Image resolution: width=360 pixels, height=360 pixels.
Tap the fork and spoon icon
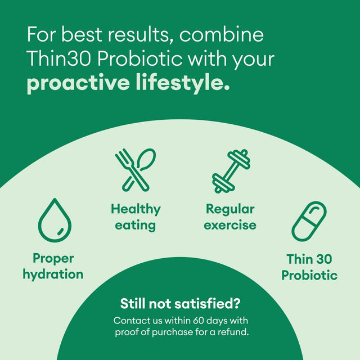[x=136, y=169]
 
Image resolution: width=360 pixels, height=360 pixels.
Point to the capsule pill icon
[x=309, y=222]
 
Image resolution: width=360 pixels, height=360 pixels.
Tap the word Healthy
[x=136, y=209]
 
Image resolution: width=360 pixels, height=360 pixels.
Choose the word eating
[x=135, y=226]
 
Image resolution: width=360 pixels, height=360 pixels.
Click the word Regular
[x=230, y=209]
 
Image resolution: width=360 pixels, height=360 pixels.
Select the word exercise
[x=230, y=226]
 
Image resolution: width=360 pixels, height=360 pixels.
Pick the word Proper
[x=53, y=258]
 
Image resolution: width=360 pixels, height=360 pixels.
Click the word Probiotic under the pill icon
[x=309, y=275]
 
